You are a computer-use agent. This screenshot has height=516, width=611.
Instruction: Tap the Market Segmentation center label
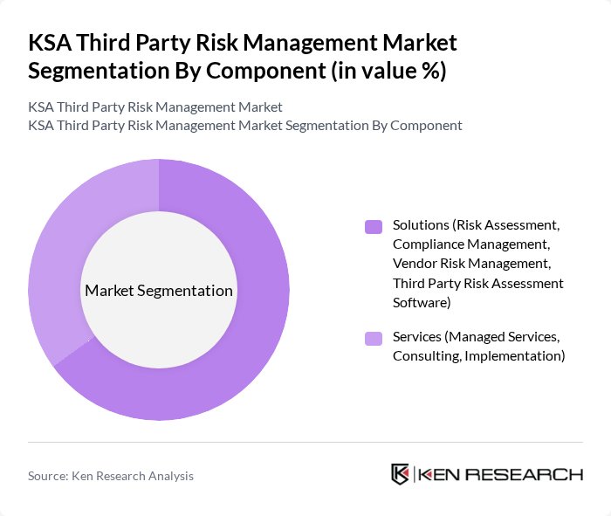tap(159, 291)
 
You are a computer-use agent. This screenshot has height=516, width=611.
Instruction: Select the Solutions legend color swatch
tap(374, 226)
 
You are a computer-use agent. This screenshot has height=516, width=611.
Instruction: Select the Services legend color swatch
tap(374, 338)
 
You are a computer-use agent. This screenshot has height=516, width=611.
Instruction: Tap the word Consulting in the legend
tap(426, 356)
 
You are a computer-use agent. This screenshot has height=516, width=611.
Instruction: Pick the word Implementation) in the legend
tap(515, 356)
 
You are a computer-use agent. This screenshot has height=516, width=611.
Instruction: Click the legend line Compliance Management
tap(470, 244)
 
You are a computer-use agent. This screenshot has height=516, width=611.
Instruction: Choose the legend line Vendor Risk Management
tap(471, 264)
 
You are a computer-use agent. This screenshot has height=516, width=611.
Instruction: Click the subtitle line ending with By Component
tap(244, 125)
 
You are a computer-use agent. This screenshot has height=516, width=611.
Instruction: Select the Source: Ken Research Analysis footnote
tap(111, 476)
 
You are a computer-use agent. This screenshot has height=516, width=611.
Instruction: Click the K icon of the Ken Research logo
tap(401, 474)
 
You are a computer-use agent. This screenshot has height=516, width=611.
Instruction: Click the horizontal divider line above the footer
tap(305, 442)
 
